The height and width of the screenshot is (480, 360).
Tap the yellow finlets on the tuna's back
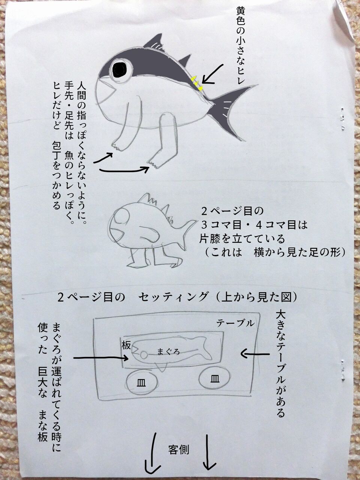197,83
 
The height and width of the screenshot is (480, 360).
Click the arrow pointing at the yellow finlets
213,74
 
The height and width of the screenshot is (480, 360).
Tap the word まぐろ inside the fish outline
168,352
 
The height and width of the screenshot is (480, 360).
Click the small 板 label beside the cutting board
126,345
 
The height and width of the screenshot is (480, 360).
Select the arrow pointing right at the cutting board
101,358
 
